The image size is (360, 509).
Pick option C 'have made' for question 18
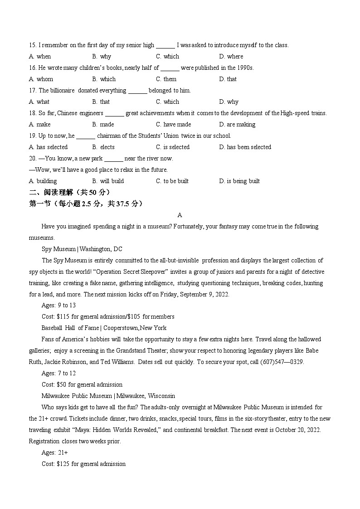pyautogui.click(x=173, y=124)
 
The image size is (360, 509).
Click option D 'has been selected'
pyautogui.click(x=245, y=147)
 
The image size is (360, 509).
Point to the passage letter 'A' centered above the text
pyautogui.click(x=180, y=215)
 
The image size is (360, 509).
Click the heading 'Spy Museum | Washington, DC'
pyautogui.click(x=82, y=249)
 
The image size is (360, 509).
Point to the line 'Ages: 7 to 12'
pyautogui.click(x=58, y=373)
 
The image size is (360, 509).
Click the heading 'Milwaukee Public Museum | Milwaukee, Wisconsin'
pyautogui.click(x=108, y=396)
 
